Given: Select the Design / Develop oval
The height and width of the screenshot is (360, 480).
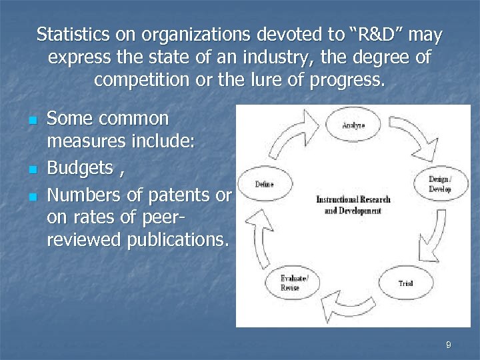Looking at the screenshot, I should click(x=439, y=184).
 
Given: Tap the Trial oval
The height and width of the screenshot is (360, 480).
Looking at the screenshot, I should click(x=405, y=283).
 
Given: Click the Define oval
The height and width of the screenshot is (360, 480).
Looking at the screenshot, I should click(x=265, y=185).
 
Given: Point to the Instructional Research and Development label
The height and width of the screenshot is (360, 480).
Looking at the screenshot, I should click(x=353, y=205).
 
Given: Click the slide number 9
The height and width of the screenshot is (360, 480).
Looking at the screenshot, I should click(x=448, y=345).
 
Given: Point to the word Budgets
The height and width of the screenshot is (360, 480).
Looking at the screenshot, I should click(x=79, y=168).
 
